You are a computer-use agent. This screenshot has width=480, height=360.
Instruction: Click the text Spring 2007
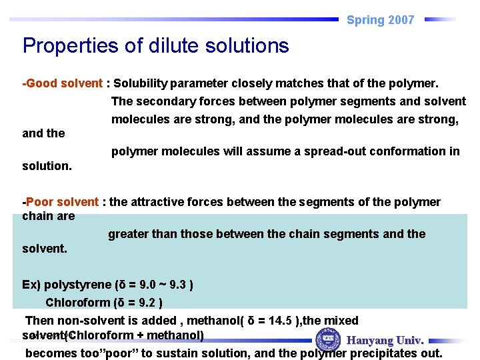point(380,20)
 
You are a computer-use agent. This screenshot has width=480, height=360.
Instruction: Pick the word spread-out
point(333,151)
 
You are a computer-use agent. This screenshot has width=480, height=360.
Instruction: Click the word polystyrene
point(77,285)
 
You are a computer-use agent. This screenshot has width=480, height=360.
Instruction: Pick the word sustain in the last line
point(192,353)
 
